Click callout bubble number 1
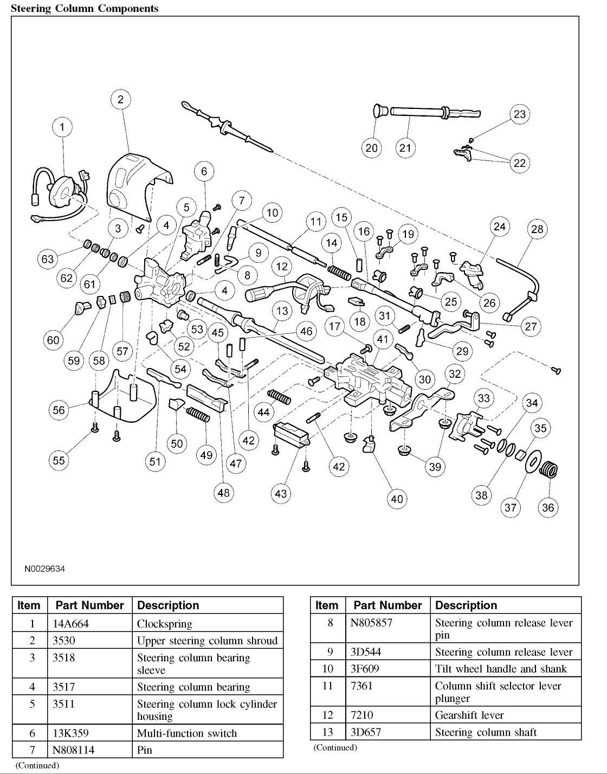[62, 127]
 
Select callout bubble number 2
[120, 99]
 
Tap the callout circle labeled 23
[520, 114]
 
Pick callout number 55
[59, 460]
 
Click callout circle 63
[48, 259]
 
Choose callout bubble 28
[537, 229]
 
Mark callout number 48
[223, 493]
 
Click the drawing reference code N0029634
[44, 570]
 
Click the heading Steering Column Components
[85, 9]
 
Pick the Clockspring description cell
[164, 624]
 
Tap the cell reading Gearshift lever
[469, 715]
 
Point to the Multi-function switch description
[187, 733]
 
